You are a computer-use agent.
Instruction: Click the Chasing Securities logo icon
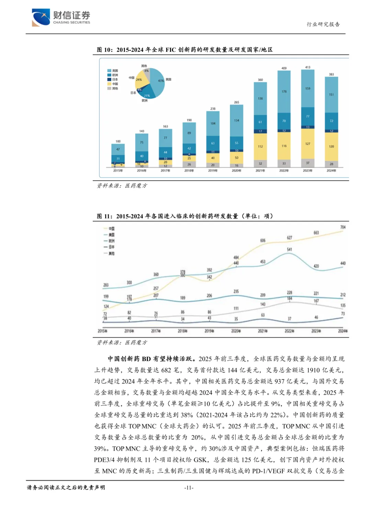pos(41,17)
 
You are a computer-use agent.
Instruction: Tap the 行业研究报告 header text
pos(323,24)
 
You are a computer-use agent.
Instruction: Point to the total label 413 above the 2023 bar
pos(307,67)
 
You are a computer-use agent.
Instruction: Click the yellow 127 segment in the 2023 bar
pos(307,144)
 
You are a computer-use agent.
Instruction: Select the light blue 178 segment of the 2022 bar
pos(284,92)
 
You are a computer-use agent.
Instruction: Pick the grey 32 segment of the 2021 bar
pos(260,164)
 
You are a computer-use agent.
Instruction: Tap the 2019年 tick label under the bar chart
pos(213,171)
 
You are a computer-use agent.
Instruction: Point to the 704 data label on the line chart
pos(342,227)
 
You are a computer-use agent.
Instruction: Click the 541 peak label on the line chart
pos(289,249)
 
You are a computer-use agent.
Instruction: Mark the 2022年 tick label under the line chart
pos(289,331)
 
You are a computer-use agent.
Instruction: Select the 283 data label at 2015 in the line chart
pos(106,285)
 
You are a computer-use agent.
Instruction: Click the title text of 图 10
pos(184,50)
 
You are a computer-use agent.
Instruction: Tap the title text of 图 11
pos(184,216)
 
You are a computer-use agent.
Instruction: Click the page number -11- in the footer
pos(189,488)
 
